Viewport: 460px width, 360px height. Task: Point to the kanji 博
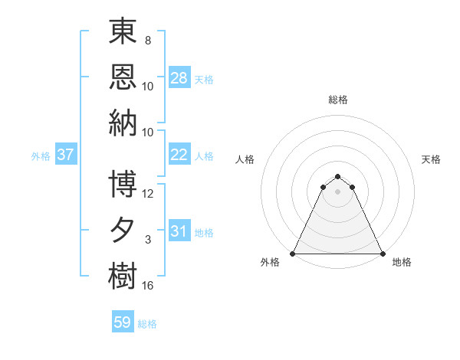point(123,184)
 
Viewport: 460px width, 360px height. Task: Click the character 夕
point(123,229)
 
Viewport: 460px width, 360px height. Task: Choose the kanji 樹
point(123,273)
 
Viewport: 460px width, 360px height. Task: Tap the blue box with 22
point(179,155)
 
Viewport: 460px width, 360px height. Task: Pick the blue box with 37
point(65,155)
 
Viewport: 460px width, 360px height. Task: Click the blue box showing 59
point(123,322)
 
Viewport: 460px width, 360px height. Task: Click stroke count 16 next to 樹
point(148,286)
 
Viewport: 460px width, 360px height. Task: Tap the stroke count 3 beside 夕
point(148,241)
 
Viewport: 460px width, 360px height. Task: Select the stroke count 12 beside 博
point(148,194)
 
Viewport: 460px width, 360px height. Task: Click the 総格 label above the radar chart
point(337,100)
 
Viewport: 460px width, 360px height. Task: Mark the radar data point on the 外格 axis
point(293,254)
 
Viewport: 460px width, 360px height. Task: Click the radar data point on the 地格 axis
point(382,254)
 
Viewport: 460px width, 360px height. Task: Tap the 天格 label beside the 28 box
point(204,79)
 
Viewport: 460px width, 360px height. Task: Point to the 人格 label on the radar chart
point(245,159)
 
